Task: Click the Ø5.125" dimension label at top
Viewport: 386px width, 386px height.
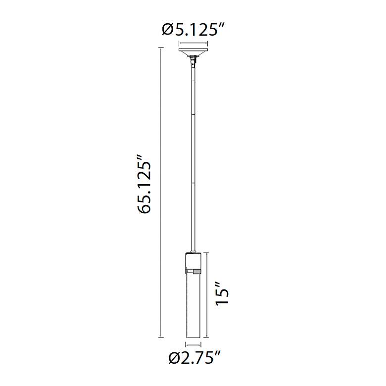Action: pos(193,30)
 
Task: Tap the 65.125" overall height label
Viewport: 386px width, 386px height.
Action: pos(145,184)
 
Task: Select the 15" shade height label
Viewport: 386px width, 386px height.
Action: pos(222,294)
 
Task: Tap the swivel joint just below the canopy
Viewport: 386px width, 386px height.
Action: pos(193,60)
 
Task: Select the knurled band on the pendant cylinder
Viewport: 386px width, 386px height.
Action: pos(193,271)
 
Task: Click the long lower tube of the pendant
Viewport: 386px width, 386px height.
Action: pos(193,305)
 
